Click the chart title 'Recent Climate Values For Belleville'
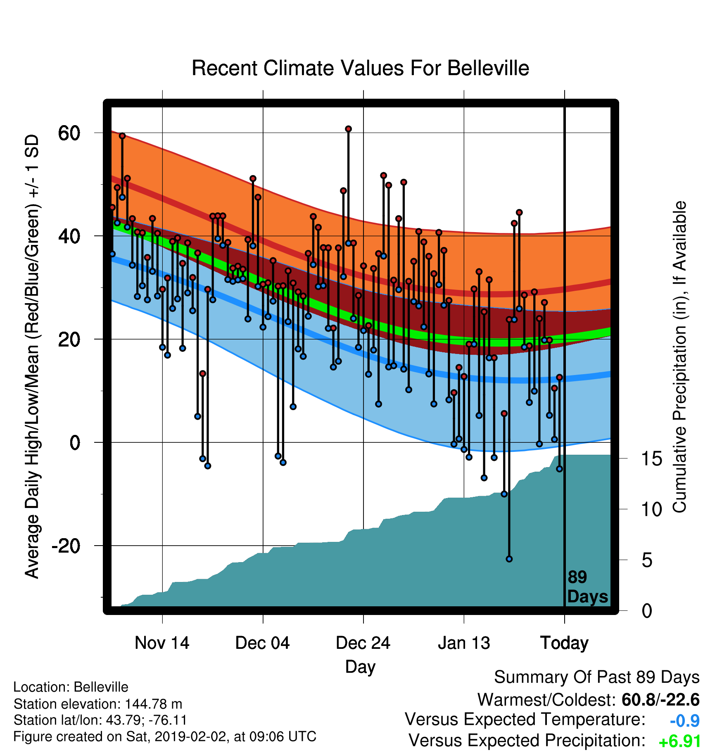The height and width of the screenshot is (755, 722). pos(360,68)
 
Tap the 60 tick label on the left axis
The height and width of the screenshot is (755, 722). pos(69,133)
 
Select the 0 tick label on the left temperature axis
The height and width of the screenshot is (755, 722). pos(75,442)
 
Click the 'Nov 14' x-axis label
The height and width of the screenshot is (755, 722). pos(162,643)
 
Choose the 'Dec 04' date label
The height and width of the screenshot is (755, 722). pos(263,643)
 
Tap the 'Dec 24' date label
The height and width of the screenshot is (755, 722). pos(363,643)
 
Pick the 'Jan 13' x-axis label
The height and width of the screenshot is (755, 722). pos(464,643)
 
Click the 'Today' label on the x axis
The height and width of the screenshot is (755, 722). pos(564,643)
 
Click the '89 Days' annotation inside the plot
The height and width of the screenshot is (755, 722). pos(587,587)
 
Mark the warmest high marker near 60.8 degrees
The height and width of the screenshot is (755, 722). pos(348,129)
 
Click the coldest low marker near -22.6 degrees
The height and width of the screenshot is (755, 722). pos(509,559)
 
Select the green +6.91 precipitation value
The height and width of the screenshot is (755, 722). pos(680,741)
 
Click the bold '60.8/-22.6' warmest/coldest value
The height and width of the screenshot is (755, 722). pos(660,700)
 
